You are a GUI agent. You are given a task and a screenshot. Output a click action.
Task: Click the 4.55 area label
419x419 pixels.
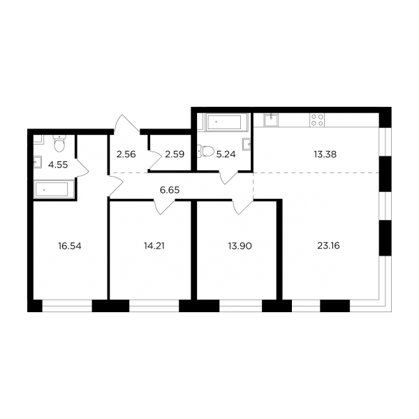(58, 165)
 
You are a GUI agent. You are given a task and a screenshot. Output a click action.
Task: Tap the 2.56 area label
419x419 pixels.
(126, 154)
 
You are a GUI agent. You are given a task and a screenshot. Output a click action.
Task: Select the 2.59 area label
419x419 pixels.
(175, 154)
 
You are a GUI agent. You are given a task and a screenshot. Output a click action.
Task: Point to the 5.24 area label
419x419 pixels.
(226, 154)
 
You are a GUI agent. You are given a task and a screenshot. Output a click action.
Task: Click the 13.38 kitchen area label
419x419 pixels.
(325, 154)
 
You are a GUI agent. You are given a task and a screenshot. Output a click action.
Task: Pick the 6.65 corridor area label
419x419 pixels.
(170, 190)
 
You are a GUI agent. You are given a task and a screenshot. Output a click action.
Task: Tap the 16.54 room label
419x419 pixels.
(70, 246)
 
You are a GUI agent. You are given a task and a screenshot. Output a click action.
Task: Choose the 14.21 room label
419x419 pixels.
(154, 246)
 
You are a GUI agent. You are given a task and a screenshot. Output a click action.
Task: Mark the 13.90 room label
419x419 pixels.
(240, 246)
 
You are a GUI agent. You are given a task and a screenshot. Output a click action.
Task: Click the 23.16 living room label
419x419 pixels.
(328, 246)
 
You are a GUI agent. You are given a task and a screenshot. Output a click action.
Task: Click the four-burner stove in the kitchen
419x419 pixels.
(317, 119)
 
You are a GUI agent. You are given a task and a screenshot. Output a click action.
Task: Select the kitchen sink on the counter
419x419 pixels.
(271, 119)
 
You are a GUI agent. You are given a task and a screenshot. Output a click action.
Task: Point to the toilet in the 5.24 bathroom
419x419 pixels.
(205, 151)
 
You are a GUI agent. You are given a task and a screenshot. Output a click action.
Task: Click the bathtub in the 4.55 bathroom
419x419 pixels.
(54, 189)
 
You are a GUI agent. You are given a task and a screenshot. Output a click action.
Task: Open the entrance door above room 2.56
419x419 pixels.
(126, 124)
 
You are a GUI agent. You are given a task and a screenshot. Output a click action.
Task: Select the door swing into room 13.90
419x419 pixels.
(242, 207)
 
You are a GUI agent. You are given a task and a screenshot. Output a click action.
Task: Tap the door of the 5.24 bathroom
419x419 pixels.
(228, 177)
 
